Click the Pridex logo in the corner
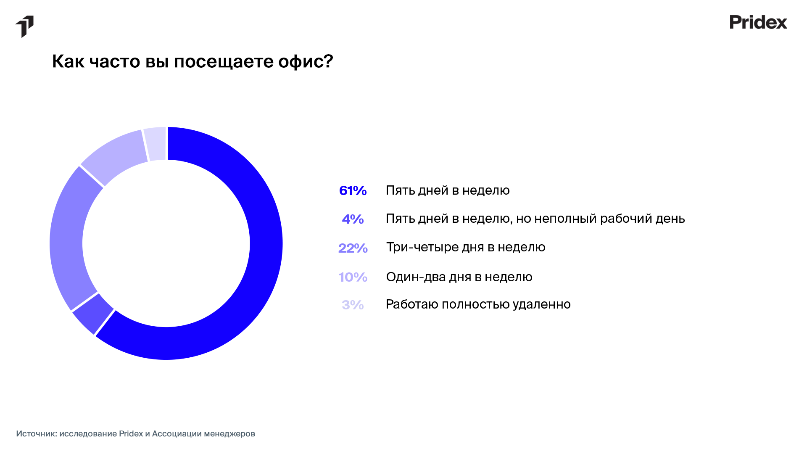[x=758, y=22]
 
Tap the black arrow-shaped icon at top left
[x=24, y=26]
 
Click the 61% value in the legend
[x=353, y=191]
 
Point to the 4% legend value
[x=353, y=219]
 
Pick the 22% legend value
[x=353, y=248]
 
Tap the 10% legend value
[x=353, y=277]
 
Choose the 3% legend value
[x=353, y=305]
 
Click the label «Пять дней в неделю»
[x=448, y=190]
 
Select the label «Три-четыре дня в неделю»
[x=466, y=247]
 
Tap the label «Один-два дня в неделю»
[x=459, y=277]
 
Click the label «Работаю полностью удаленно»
[x=478, y=304]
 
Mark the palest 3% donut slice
[x=156, y=144]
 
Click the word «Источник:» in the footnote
[x=37, y=433]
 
